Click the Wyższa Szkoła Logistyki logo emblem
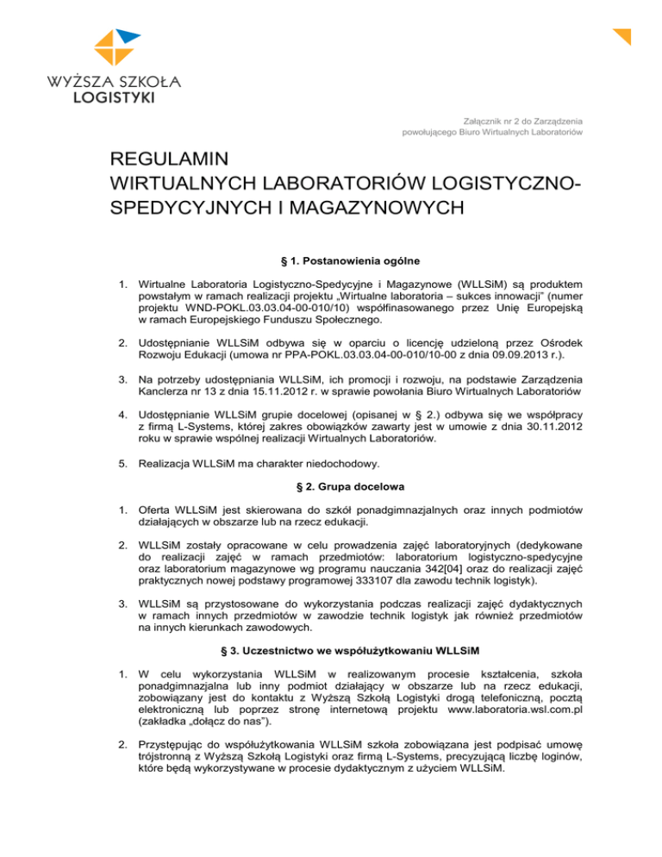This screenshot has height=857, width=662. (x=116, y=48)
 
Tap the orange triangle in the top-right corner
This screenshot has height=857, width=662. (x=624, y=35)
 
